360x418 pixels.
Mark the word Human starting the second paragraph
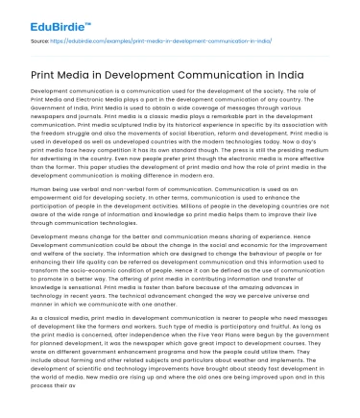pyautogui.click(x=41, y=189)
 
